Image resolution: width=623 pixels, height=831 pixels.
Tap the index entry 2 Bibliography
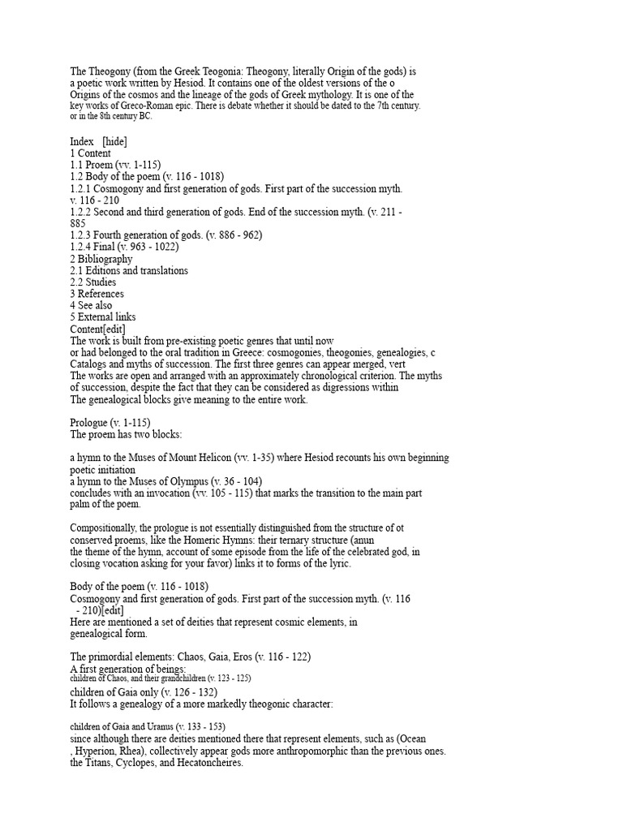pos(101,259)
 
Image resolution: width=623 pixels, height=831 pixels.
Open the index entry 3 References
pos(97,294)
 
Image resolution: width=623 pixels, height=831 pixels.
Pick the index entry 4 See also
pos(92,305)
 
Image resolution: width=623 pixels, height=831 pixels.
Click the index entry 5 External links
pos(103,317)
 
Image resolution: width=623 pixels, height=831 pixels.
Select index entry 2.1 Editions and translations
pos(129,270)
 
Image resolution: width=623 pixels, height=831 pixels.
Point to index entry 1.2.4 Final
pos(124,247)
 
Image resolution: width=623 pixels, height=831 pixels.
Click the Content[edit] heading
pos(97,329)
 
